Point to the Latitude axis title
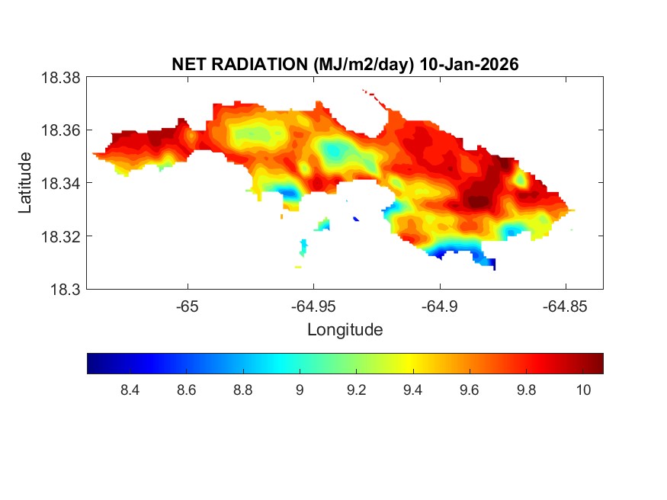pos(25,182)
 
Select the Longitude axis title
pos(345,330)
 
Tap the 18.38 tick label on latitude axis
pos(59,77)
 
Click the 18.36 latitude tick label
pos(59,130)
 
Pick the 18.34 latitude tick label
pos(59,183)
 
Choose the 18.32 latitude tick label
pos(59,236)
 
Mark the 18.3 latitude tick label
pos(65,289)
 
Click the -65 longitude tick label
pos(188,306)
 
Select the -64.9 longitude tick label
pos(439,306)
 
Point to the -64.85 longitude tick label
pos(565,306)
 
